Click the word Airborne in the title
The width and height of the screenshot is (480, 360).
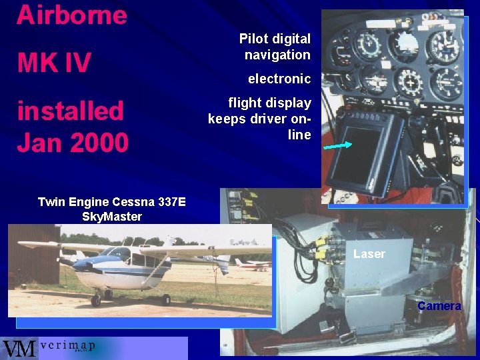coord(71,14)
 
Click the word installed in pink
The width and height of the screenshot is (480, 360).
coord(70,111)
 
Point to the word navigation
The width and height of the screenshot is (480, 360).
coord(277,55)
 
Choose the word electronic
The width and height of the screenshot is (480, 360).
coord(279,79)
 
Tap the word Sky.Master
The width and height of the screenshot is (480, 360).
coord(111,217)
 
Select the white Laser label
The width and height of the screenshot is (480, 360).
coord(369,254)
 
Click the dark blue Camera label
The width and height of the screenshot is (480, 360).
coord(439,306)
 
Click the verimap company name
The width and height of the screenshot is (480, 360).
coord(67,346)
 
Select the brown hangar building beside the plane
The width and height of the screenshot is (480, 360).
coord(33,253)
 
